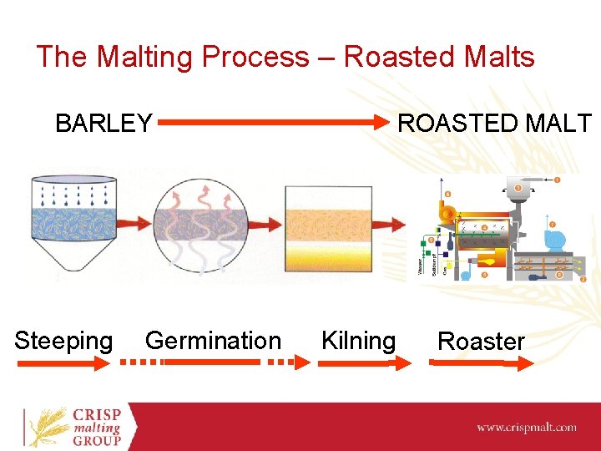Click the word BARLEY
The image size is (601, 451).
pos(104,124)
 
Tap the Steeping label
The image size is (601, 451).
pos(63,341)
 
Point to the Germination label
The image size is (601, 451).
pos(213,341)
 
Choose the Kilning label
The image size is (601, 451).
pos(358,341)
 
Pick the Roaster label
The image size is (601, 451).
pos(481,342)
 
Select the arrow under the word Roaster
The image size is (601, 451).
pos(481,362)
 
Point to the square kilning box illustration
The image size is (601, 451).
pos(327,225)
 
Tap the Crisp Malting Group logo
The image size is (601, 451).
pos(75,427)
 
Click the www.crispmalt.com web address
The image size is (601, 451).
pos(526,427)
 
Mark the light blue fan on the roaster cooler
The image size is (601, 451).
pos(553,240)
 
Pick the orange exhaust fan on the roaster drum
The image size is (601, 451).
pos(449,214)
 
